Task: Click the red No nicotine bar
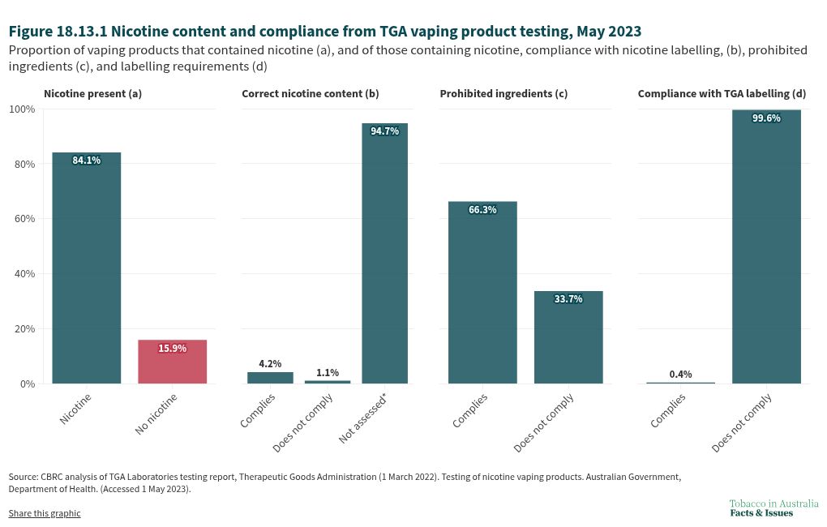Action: click(x=172, y=362)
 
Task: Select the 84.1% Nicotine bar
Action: click(x=86, y=268)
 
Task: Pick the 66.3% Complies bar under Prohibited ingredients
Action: click(x=482, y=292)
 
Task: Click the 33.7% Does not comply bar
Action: click(x=568, y=336)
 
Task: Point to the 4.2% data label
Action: click(x=270, y=364)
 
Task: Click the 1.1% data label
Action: click(x=327, y=373)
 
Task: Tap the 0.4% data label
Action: click(x=680, y=374)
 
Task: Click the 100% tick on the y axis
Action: click(x=21, y=109)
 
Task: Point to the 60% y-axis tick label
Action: click(x=24, y=219)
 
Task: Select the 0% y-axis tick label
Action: click(x=27, y=383)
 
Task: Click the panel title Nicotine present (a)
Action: click(x=92, y=93)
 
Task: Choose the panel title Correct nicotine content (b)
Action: click(x=310, y=93)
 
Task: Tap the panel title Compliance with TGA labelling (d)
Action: click(x=722, y=93)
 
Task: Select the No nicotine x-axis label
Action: click(x=157, y=413)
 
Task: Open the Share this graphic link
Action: click(x=45, y=513)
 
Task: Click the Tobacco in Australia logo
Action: click(x=773, y=508)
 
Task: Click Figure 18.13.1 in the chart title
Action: click(x=57, y=32)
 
